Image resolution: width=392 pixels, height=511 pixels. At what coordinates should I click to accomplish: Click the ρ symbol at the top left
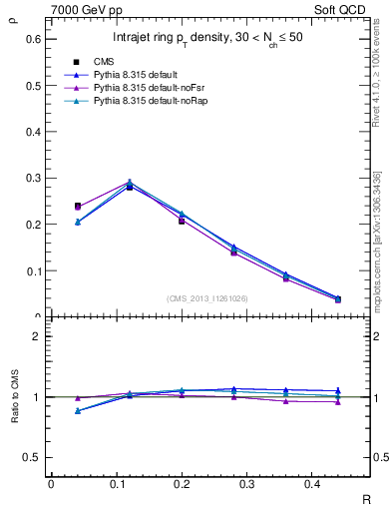(x=13, y=16)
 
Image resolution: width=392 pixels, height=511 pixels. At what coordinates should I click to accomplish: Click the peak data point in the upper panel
(x=130, y=184)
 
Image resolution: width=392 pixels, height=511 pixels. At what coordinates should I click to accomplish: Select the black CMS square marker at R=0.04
(x=78, y=207)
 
